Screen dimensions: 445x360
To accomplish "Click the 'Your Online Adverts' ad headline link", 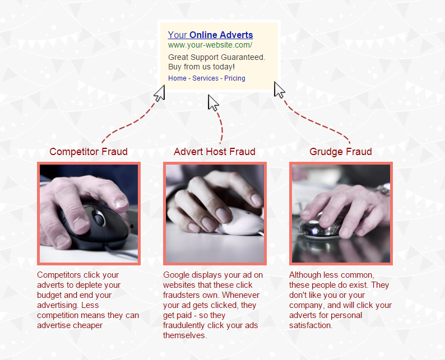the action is [x=210, y=35].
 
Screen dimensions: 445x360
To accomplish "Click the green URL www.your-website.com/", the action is [x=210, y=45].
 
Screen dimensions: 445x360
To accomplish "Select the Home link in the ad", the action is [x=177, y=78].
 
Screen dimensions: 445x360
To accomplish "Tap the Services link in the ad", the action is [x=206, y=78].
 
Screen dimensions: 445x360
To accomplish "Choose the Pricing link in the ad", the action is [x=235, y=78].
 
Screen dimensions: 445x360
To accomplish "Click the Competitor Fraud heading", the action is [x=89, y=152].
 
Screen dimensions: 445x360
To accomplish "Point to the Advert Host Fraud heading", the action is [x=215, y=152].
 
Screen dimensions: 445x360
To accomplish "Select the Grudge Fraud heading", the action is [x=341, y=152].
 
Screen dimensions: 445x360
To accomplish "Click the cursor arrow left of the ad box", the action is [x=160, y=93].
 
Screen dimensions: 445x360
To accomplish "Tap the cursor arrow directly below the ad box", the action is [x=212, y=102].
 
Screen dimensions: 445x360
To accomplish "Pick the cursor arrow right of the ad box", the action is [x=279, y=90].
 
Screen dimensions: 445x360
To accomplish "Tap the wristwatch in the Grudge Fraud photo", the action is [x=384, y=189].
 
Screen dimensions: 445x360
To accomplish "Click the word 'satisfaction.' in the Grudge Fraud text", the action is [x=310, y=325].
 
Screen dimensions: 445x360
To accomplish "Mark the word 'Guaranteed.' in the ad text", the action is [x=243, y=57].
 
